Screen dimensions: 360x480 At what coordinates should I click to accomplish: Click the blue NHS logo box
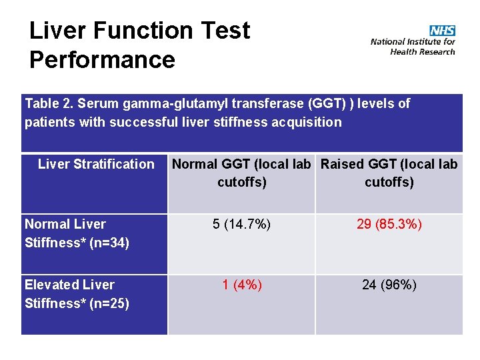pyautogui.click(x=442, y=31)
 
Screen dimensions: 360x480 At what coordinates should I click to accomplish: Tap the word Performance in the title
pyautogui.click(x=102, y=60)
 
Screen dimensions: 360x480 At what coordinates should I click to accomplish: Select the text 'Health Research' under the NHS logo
pyautogui.click(x=423, y=52)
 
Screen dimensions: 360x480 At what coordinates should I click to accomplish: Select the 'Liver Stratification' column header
pyautogui.click(x=96, y=164)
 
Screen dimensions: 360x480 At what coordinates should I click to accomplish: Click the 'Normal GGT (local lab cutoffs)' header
pyautogui.click(x=242, y=173)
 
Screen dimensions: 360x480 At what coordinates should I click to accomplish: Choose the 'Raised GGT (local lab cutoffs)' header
pyautogui.click(x=389, y=173)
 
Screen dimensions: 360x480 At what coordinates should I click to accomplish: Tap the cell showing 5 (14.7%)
pyautogui.click(x=241, y=224)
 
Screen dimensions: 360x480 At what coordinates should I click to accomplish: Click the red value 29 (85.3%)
pyautogui.click(x=389, y=224)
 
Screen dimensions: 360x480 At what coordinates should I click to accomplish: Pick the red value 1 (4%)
pyautogui.click(x=241, y=285)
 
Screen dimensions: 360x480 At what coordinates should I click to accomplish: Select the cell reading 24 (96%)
pyautogui.click(x=389, y=285)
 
